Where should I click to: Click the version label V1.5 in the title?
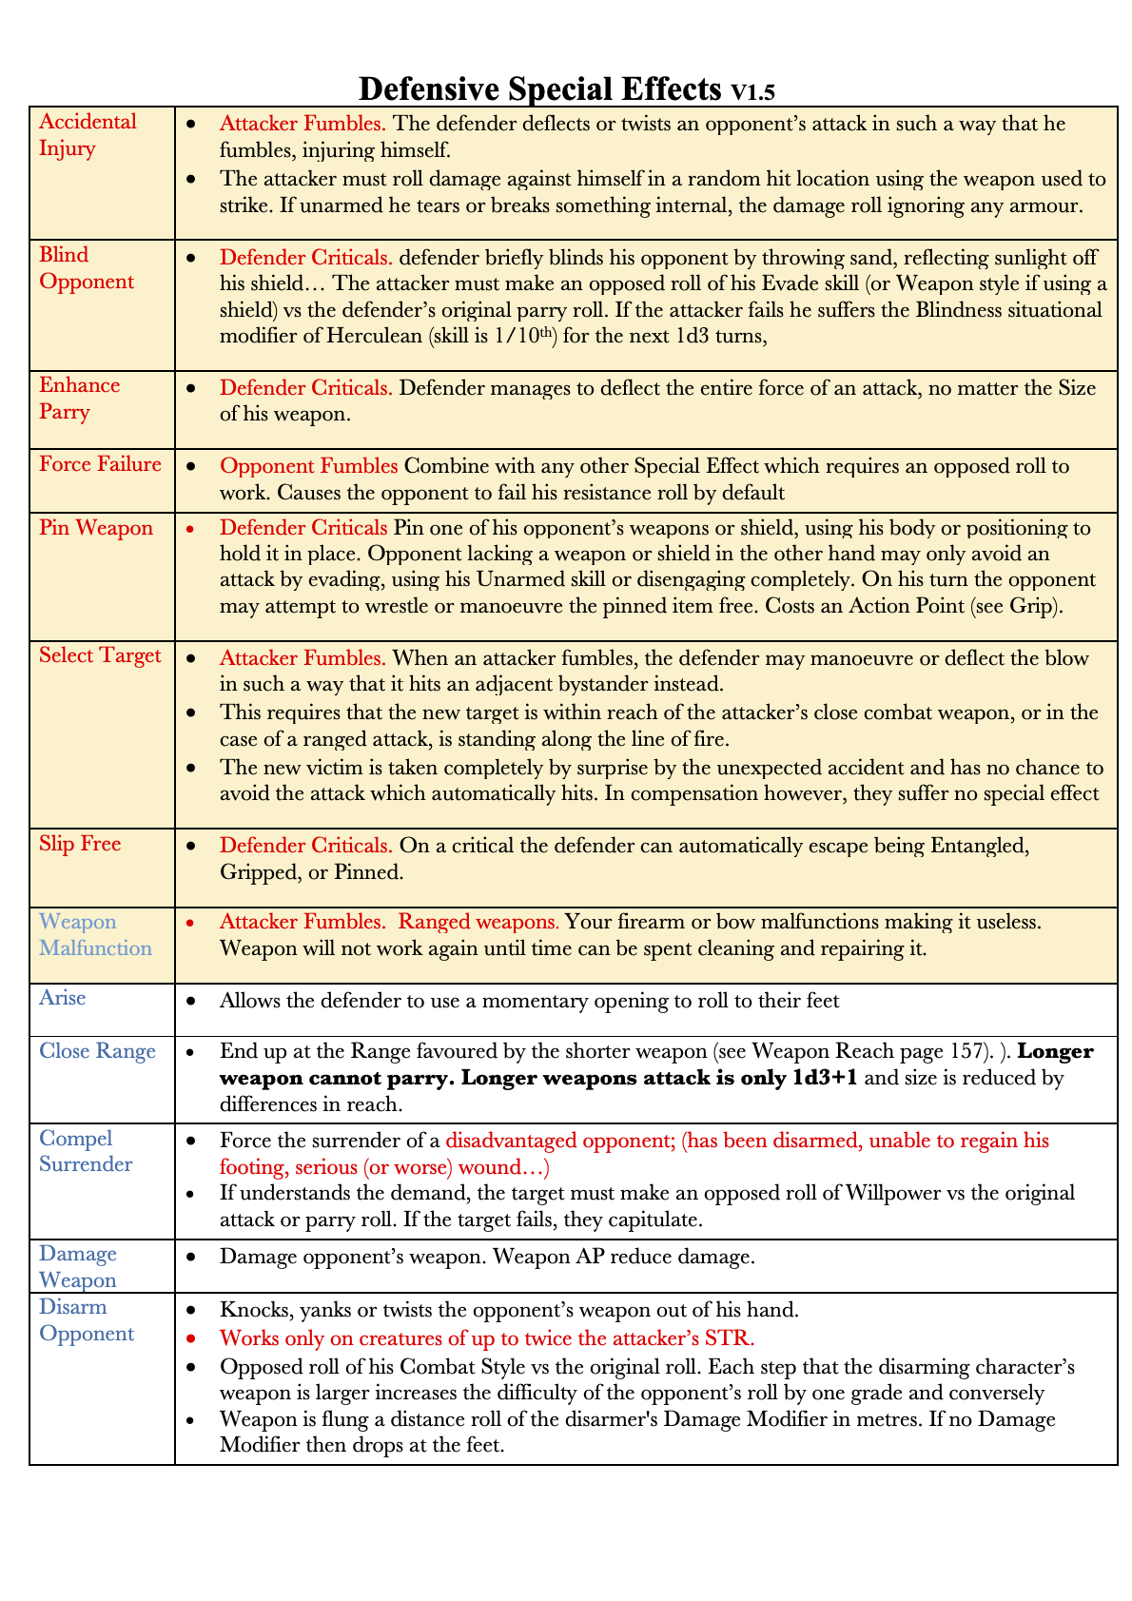[753, 92]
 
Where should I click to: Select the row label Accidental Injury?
[88, 135]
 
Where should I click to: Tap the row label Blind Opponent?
[87, 268]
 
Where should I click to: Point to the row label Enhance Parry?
[79, 399]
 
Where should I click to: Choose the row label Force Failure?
[100, 464]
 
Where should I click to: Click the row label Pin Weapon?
[96, 528]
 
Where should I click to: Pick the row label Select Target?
[100, 655]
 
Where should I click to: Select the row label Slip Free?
[80, 844]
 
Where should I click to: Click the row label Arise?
[63, 997]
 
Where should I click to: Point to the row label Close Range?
[97, 1051]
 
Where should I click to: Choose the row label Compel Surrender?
[86, 1151]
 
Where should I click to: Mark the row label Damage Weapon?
[78, 1267]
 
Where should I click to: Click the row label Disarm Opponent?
[87, 1320]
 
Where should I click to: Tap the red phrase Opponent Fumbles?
[308, 466]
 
